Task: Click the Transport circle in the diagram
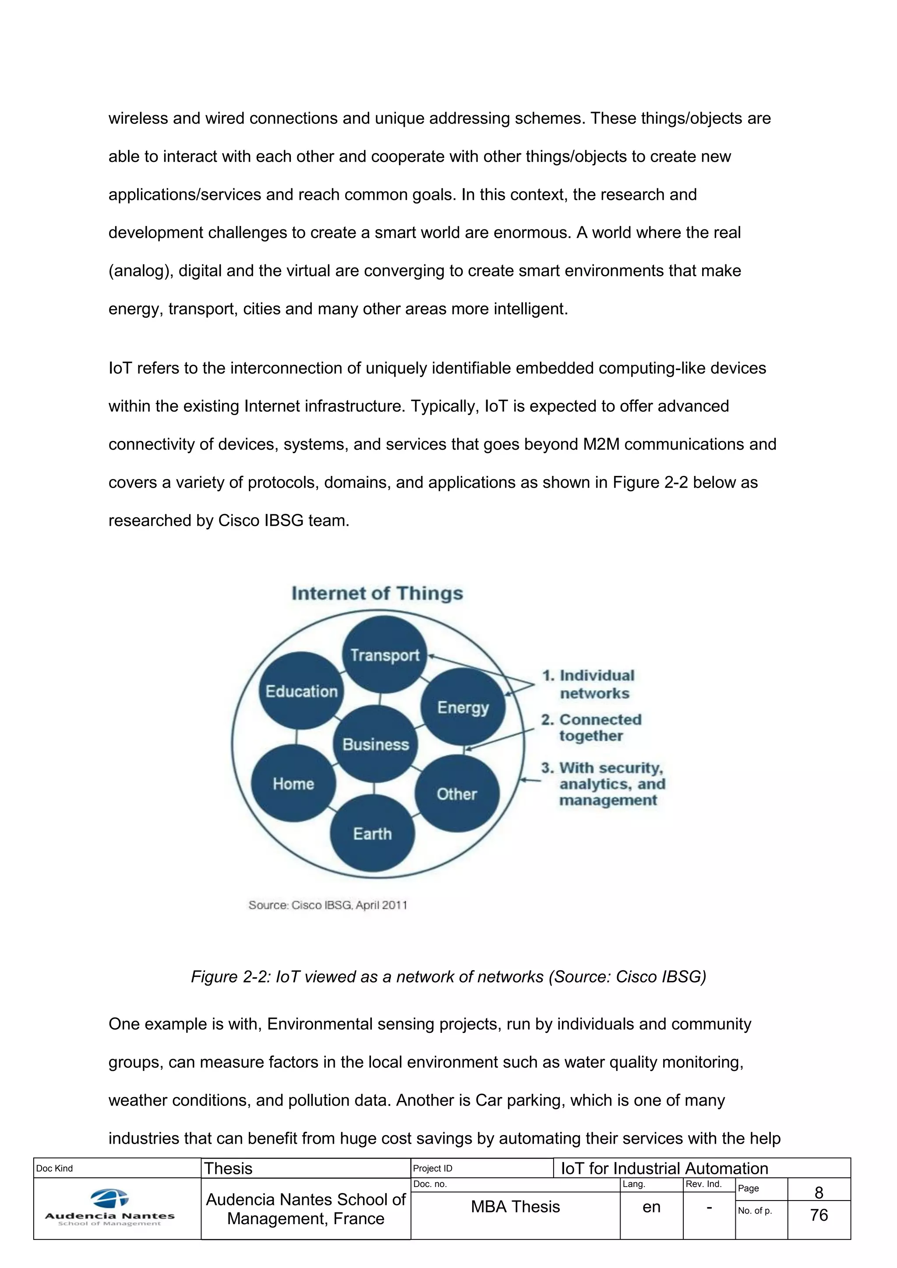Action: tap(385, 655)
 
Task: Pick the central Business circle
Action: tap(376, 744)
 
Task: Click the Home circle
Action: tap(293, 783)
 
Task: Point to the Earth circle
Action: tap(372, 833)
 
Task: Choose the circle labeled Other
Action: tap(457, 794)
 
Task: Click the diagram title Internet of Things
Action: tap(377, 593)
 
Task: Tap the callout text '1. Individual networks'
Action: tap(589, 684)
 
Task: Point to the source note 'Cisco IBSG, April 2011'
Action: tap(328, 905)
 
